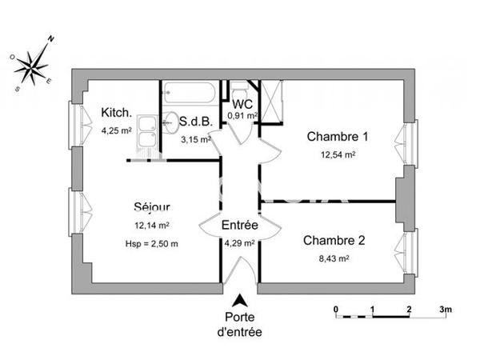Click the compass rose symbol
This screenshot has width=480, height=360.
coord(32,62)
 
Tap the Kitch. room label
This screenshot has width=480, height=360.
coord(116,113)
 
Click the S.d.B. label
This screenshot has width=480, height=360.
coord(195,122)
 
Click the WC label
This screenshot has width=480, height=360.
coord(242,103)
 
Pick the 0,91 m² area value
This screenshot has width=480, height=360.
coord(242,115)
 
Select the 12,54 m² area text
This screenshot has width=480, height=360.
coord(338,155)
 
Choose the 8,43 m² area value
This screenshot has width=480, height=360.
coord(334,258)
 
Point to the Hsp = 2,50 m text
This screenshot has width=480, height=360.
coord(151,243)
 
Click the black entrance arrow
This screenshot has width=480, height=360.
coord(239,302)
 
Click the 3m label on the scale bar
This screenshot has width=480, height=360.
coord(446,309)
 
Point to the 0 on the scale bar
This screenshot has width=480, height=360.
coord(337,309)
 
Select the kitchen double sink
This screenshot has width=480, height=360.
coord(147,131)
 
